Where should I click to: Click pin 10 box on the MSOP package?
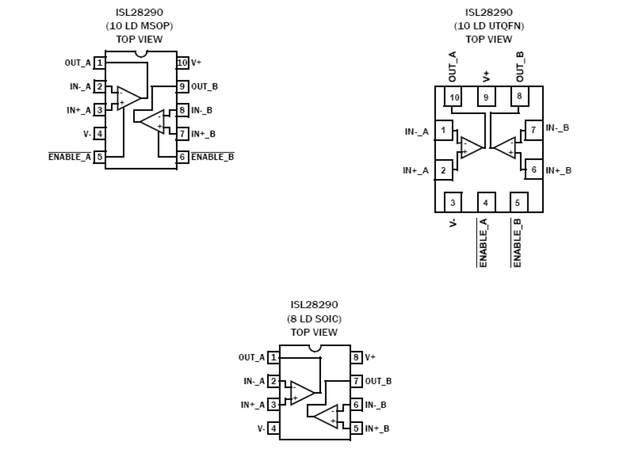pos(183,62)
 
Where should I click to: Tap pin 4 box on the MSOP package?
pos(100,134)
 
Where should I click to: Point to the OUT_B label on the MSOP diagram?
pos(204,86)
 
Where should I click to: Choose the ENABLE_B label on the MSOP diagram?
pos(212,157)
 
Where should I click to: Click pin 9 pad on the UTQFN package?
pos(486,97)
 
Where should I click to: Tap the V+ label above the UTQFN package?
pos(486,76)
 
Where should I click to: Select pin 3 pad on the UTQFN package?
pos(452,202)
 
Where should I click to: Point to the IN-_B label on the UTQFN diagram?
pos(558,128)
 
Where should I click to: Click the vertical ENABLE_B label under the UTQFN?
pos(517,242)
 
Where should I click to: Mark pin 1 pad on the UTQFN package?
pos(443,131)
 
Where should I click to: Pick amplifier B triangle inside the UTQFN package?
pos(505,147)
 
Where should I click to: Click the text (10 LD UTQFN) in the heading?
pos(489,26)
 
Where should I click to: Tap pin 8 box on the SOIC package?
pos(356,357)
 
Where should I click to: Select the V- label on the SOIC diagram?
pos(261,428)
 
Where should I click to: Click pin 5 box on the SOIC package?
pos(356,428)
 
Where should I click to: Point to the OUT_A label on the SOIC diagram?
pos(251,357)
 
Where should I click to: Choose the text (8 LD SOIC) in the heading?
pos(314,318)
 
